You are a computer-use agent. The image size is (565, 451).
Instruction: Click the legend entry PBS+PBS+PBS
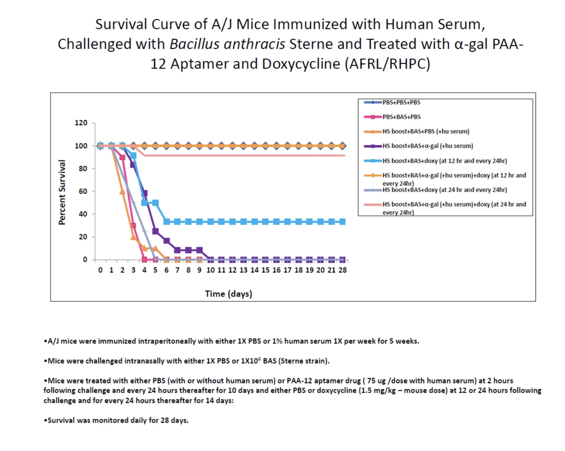click(401, 102)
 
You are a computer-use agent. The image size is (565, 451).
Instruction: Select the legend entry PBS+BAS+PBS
click(402, 117)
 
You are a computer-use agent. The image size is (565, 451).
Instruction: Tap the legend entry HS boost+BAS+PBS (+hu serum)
click(426, 131)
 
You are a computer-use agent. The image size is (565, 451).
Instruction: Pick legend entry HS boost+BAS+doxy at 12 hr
click(445, 161)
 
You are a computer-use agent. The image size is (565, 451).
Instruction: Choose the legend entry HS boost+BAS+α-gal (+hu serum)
click(428, 146)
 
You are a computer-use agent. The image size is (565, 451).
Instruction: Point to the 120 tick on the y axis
click(81, 123)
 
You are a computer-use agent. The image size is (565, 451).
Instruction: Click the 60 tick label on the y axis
click(83, 191)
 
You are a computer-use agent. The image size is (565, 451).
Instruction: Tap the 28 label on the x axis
click(342, 270)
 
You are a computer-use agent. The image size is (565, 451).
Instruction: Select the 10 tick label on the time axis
click(210, 270)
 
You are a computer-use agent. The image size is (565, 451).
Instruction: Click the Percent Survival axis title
click(62, 192)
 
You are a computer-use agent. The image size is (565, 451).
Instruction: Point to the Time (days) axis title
click(229, 294)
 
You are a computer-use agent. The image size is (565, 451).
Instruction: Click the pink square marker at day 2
click(122, 157)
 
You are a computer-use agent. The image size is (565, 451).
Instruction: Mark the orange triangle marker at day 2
click(122, 192)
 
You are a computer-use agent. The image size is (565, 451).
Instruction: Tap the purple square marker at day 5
click(155, 231)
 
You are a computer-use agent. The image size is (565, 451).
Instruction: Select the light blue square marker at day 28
click(342, 222)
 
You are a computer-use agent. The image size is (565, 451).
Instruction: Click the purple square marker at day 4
click(145, 194)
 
